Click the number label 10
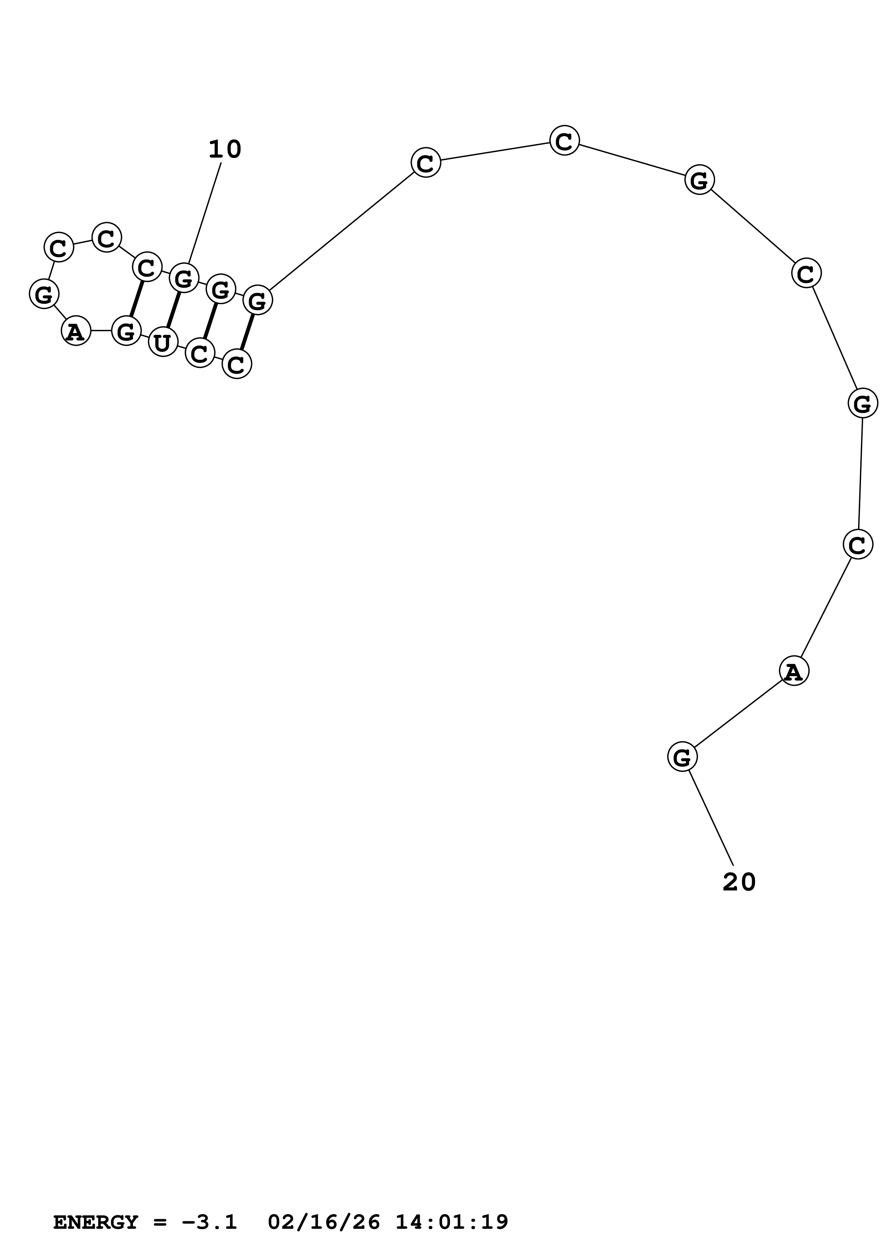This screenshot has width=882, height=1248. [x=225, y=149]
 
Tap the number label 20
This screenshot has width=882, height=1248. [x=739, y=882]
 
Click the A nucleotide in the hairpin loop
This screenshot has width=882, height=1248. [x=75, y=331]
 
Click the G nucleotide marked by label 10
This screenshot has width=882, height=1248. [x=184, y=278]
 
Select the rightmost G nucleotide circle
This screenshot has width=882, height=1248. [x=862, y=403]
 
